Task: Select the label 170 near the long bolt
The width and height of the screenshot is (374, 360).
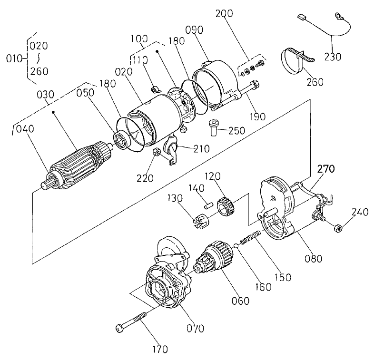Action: point(160,350)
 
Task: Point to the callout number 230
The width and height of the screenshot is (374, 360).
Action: point(332,57)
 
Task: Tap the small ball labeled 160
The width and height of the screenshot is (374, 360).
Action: point(236,245)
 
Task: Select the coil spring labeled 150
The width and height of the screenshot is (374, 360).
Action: point(250,237)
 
